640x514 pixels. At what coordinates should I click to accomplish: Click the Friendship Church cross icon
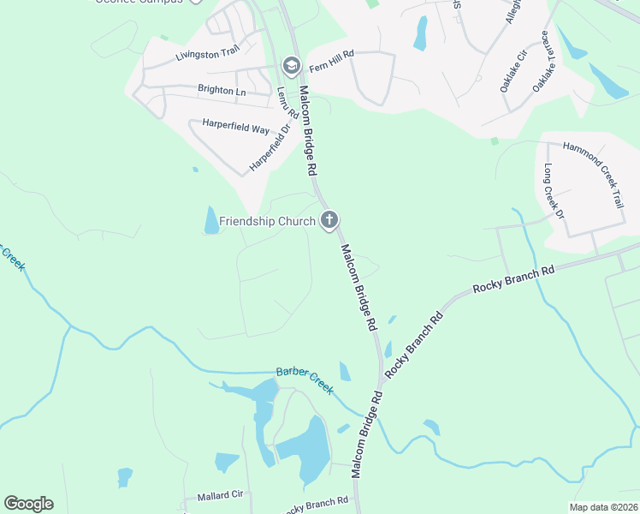329,221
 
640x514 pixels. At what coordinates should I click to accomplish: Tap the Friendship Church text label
267,221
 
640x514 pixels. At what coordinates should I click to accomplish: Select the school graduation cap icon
291,65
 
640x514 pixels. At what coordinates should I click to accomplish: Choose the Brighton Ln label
221,90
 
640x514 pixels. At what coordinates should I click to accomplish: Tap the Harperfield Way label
236,127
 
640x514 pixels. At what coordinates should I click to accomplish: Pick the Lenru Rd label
287,102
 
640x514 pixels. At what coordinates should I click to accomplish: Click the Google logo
28,504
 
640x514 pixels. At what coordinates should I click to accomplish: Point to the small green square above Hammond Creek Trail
495,141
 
